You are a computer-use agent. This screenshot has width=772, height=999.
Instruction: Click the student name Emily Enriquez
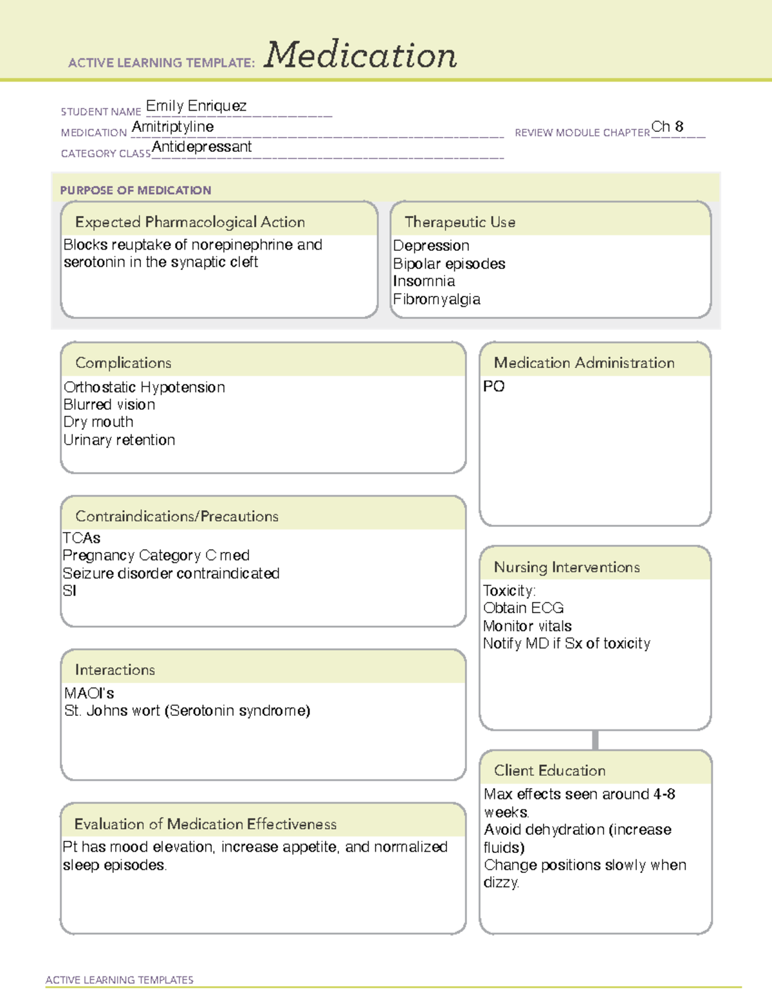pyautogui.click(x=196, y=106)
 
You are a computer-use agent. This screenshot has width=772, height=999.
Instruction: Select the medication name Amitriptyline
pyautogui.click(x=172, y=127)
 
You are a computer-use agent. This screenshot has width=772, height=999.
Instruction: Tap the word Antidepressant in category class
pyautogui.click(x=201, y=147)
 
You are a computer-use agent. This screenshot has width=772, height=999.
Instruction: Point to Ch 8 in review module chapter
pyautogui.click(x=667, y=127)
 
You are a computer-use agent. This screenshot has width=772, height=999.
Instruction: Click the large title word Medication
pyautogui.click(x=360, y=55)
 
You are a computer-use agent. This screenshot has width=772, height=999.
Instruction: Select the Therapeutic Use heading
pyautogui.click(x=459, y=222)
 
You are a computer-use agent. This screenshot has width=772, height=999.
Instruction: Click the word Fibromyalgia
pyautogui.click(x=436, y=299)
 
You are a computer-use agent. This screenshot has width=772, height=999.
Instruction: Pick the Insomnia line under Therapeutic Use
pyautogui.click(x=423, y=281)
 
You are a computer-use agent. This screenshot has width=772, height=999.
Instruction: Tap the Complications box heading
pyautogui.click(x=123, y=363)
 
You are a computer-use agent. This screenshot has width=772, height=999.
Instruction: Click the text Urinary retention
pyautogui.click(x=119, y=440)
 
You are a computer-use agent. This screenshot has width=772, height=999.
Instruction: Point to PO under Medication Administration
pyautogui.click(x=493, y=387)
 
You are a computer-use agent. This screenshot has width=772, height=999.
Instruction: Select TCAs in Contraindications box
pyautogui.click(x=82, y=538)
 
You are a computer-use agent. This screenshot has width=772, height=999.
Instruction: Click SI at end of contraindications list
pyautogui.click(x=69, y=591)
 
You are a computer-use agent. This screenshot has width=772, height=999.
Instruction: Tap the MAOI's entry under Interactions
pyautogui.click(x=89, y=693)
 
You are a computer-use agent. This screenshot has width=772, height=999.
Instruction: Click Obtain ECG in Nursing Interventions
pyautogui.click(x=523, y=608)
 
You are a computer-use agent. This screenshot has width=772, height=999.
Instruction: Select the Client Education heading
pyautogui.click(x=549, y=771)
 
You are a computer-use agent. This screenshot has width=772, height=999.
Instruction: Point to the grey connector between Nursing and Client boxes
pyautogui.click(x=595, y=740)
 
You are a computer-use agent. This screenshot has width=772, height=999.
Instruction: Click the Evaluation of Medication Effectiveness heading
pyautogui.click(x=205, y=824)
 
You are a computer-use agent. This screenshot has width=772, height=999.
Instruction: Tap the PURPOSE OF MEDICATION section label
pyautogui.click(x=135, y=190)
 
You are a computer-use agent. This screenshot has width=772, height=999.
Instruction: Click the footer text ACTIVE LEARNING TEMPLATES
pyautogui.click(x=119, y=980)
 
